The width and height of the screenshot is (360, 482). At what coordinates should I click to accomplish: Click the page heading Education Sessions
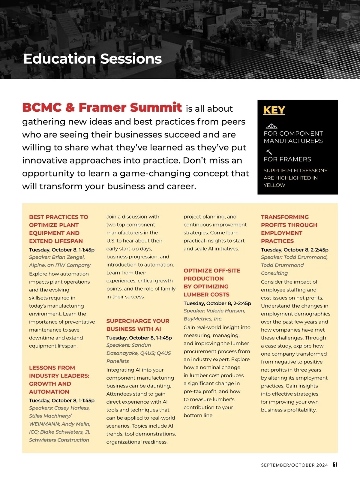(x=92, y=59)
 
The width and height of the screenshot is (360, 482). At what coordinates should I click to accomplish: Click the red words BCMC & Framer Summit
(x=102, y=107)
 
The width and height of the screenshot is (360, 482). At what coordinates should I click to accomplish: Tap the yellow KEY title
(x=274, y=110)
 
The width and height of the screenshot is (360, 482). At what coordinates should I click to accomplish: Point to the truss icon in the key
(x=271, y=126)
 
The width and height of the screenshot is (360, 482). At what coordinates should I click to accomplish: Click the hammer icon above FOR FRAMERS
(x=269, y=152)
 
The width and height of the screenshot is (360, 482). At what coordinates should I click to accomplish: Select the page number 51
(x=335, y=465)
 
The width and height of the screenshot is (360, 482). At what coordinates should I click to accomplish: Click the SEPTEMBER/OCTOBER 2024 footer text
(x=294, y=465)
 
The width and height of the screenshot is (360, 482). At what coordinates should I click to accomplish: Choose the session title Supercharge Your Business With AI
(x=138, y=325)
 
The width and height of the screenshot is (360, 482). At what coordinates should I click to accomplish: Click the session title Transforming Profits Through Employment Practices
(x=289, y=229)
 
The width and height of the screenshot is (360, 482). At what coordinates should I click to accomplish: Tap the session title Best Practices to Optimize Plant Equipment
(x=58, y=229)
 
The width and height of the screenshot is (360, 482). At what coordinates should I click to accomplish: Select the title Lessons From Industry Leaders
(x=59, y=380)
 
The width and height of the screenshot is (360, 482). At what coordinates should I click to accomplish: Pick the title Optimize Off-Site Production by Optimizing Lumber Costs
(x=211, y=282)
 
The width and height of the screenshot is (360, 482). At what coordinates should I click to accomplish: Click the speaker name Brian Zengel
(x=68, y=257)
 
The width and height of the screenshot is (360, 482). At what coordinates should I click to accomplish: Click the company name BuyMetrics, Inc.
(x=203, y=319)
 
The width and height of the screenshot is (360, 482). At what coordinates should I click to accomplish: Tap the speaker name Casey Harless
(x=72, y=408)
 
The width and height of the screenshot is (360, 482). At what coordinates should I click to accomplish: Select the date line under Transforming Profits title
(x=295, y=250)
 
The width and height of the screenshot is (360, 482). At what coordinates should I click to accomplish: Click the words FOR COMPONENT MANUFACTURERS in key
(x=293, y=137)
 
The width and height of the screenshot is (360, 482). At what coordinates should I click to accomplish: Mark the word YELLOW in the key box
(x=274, y=185)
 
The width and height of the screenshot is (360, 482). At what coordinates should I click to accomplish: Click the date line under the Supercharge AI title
(x=139, y=338)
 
